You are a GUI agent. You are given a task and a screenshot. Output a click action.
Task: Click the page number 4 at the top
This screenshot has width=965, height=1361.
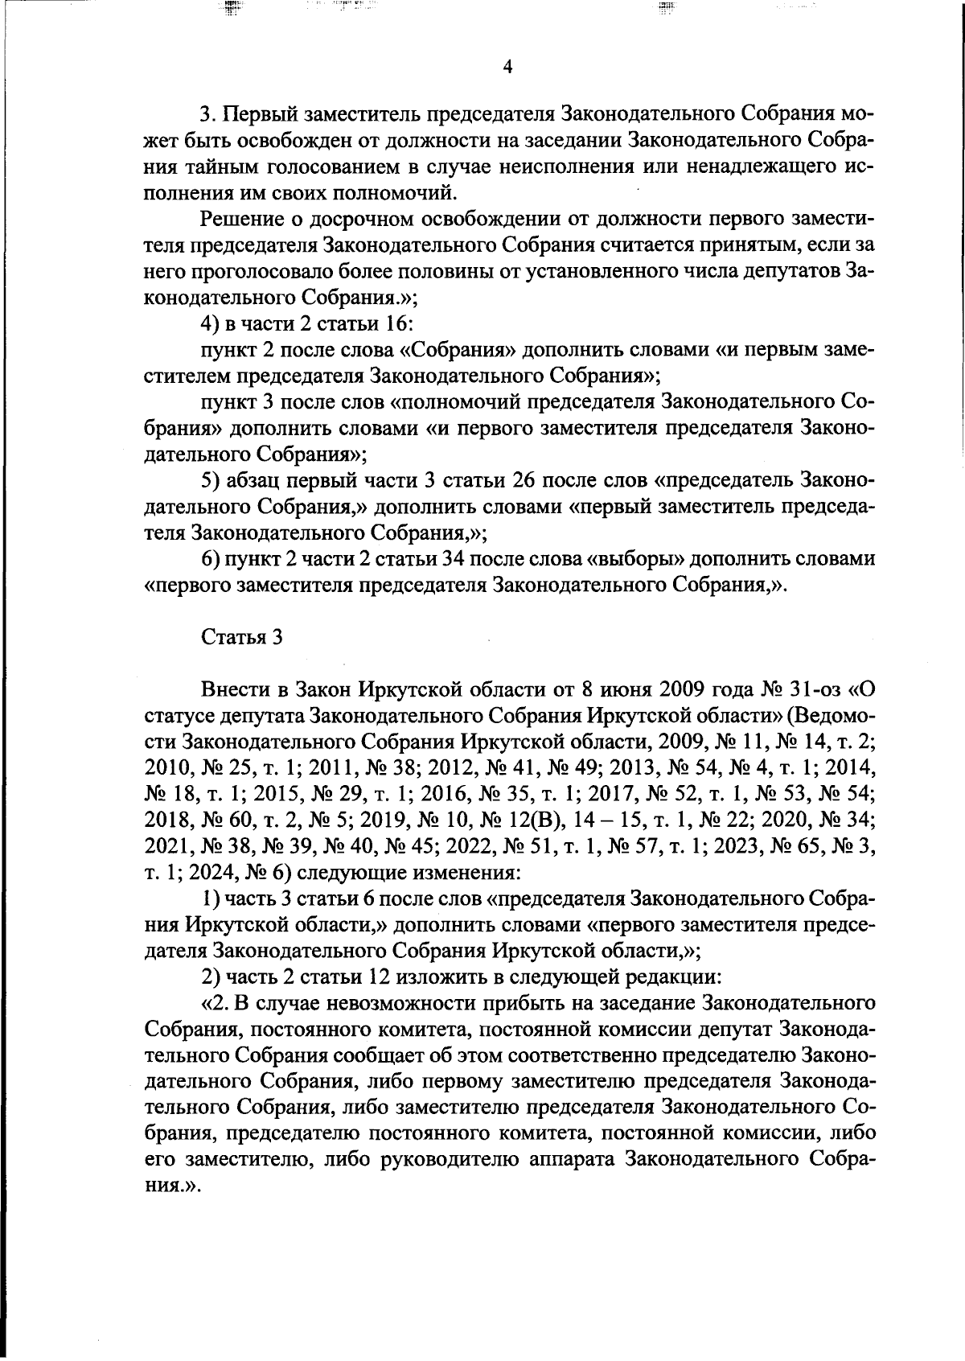(507, 68)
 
